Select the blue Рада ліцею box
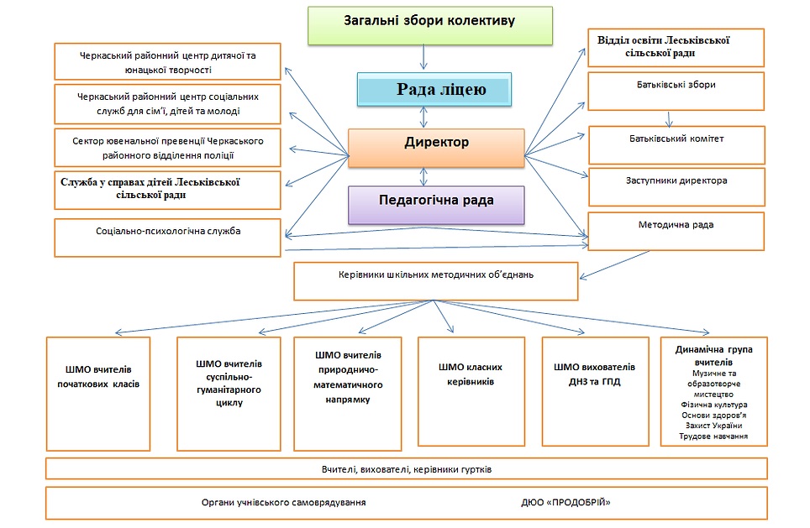[434, 90]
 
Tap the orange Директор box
[436, 148]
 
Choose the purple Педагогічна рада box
[436, 205]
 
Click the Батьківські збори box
[676, 91]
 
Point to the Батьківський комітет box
[676, 144]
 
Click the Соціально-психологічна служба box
[167, 238]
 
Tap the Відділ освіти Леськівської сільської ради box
[676, 47]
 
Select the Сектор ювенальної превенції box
[167, 148]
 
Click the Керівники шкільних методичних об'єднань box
[435, 281]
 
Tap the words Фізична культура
[714, 404]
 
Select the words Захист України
[714, 426]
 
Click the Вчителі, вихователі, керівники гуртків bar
[406, 468]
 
